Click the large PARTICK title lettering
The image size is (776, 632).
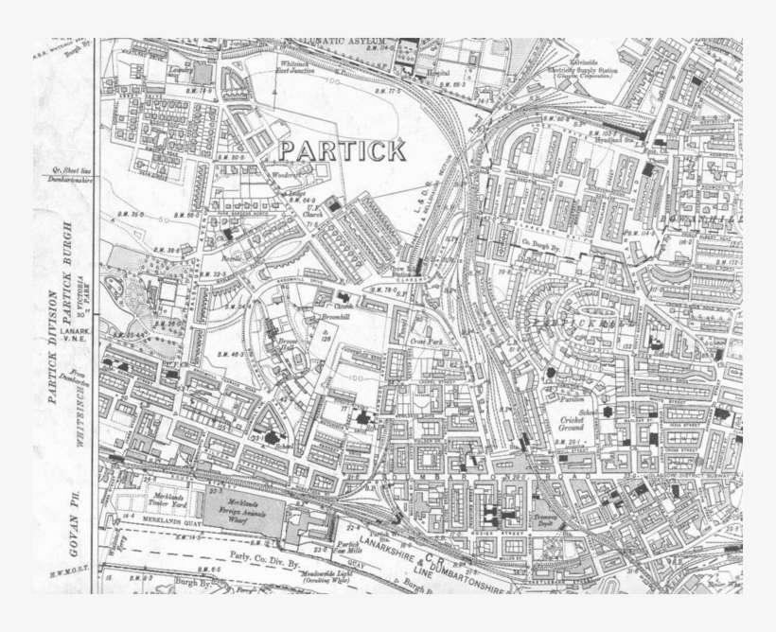[x=343, y=150]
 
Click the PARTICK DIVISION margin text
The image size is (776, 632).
[x=53, y=345]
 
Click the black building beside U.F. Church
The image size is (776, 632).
[x=333, y=204]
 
